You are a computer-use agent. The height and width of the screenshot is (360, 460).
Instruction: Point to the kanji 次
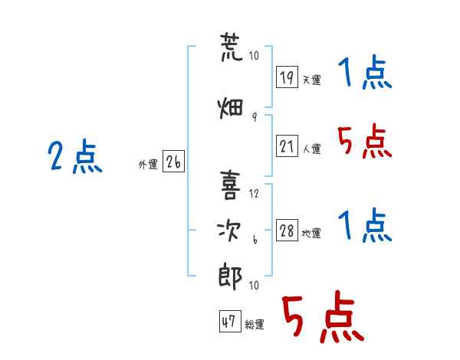tap(230, 231)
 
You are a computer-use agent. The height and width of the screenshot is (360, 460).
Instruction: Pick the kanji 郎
tap(230, 275)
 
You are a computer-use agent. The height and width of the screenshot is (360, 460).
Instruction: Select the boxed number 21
tap(287, 147)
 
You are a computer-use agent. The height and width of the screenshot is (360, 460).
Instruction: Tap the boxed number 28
tap(287, 231)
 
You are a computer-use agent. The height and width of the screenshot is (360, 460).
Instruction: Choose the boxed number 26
tap(173, 162)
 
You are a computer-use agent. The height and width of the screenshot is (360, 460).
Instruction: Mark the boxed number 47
tap(229, 322)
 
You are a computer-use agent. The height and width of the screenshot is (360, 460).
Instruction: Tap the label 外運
tap(148, 164)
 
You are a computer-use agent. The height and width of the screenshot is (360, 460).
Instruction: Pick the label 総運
tap(255, 325)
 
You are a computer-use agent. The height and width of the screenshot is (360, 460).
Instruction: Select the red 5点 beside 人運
tap(364, 142)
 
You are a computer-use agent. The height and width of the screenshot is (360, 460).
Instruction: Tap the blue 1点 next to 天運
tap(364, 74)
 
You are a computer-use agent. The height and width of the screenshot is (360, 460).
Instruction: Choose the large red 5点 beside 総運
tap(322, 319)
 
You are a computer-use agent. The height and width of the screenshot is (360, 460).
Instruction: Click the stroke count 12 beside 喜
tap(254, 194)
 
